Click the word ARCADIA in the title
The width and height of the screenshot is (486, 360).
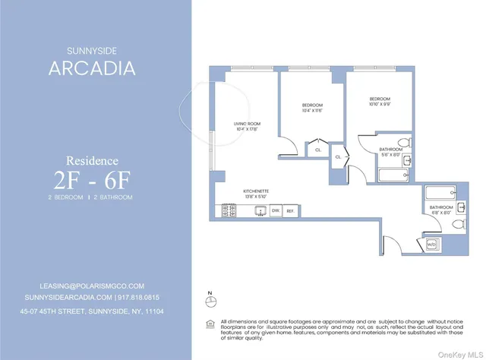(x=92, y=68)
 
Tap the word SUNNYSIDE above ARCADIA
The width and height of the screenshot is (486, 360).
(x=92, y=51)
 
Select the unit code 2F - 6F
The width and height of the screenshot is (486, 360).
(x=92, y=180)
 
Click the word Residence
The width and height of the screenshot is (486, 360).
(x=92, y=160)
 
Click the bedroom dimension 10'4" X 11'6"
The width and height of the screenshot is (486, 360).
(x=312, y=110)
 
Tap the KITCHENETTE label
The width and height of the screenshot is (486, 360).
(x=256, y=191)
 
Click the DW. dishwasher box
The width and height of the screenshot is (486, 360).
(x=276, y=210)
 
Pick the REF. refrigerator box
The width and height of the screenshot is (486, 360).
(x=290, y=210)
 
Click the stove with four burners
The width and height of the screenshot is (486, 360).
(x=229, y=210)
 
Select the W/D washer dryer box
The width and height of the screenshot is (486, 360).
(x=431, y=245)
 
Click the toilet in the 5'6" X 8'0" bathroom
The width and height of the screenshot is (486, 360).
(x=405, y=143)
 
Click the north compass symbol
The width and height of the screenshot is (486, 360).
(x=210, y=302)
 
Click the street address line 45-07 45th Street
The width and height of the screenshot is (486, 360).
(x=92, y=311)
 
